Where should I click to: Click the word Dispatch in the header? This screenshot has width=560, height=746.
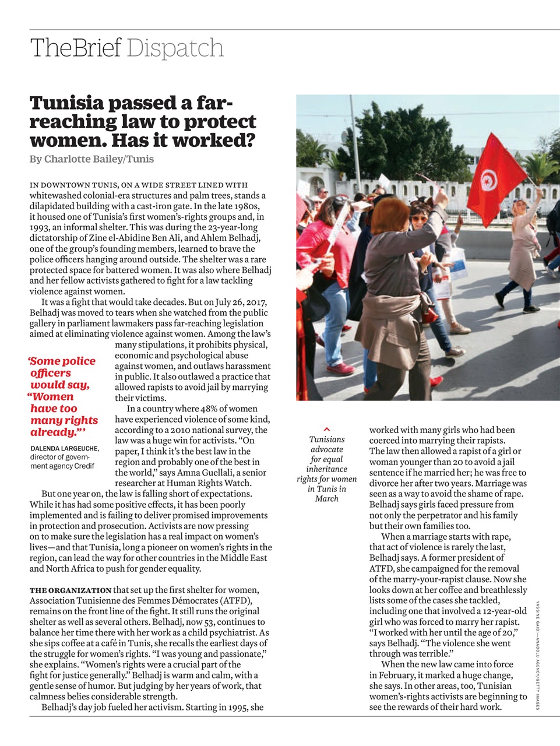[175, 48]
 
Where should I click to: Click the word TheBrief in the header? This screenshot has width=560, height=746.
[76, 48]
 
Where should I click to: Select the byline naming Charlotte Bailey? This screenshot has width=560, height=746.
[91, 159]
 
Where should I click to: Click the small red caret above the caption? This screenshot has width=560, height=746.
[327, 430]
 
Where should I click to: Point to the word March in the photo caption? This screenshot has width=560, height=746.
[326, 499]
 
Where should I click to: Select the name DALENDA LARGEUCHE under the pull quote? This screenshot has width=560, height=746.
[64, 448]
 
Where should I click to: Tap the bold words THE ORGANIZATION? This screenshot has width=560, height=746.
[71, 590]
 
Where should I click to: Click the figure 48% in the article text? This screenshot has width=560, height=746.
[209, 409]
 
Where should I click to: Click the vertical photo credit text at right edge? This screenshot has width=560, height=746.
[538, 656]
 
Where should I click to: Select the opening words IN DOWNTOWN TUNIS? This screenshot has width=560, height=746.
[74, 185]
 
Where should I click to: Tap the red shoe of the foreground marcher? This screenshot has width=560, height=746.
[341, 368]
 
